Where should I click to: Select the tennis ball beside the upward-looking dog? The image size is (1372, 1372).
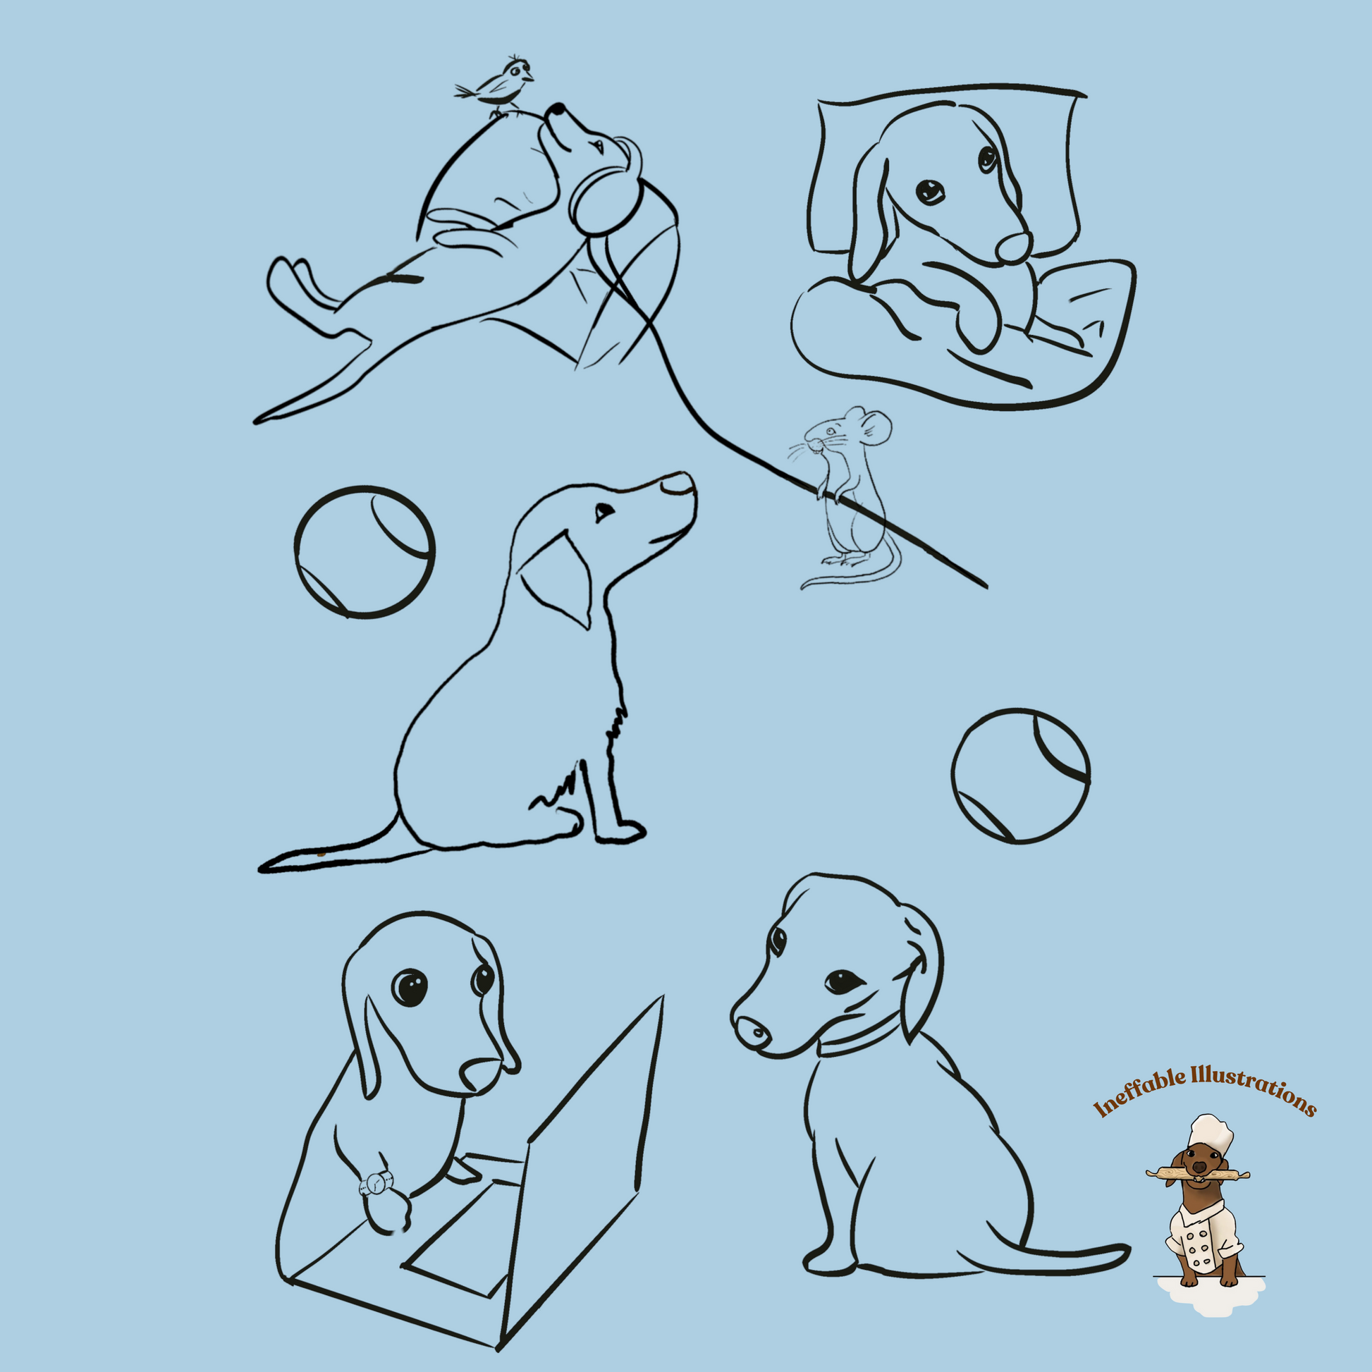pyautogui.click(x=365, y=551)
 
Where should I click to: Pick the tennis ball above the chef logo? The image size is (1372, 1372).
pyautogui.click(x=1020, y=776)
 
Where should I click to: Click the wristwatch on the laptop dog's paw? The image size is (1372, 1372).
pyautogui.click(x=377, y=1184)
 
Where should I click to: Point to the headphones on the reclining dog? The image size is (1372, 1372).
pyautogui.click(x=604, y=192)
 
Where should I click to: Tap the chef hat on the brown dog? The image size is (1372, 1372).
pyautogui.click(x=1210, y=1132)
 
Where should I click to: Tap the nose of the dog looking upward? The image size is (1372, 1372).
pyautogui.click(x=678, y=485)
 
